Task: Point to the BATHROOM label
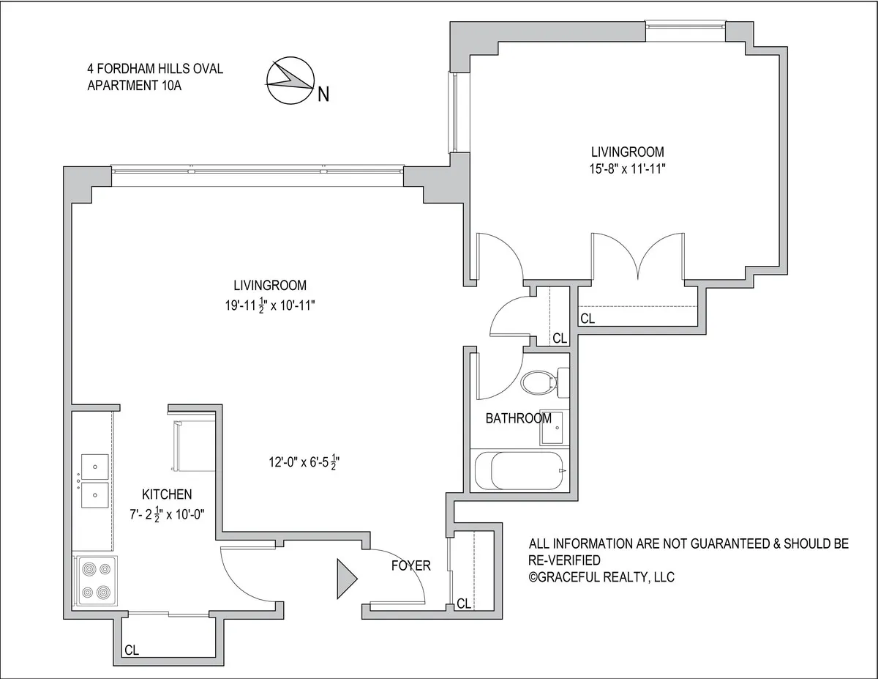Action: [x=519, y=419]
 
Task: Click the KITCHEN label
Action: [x=167, y=495]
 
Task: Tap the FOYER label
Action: [x=410, y=565]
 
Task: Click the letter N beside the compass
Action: [x=323, y=94]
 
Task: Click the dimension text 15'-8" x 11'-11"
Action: [x=627, y=168]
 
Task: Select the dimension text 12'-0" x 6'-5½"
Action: [x=304, y=463]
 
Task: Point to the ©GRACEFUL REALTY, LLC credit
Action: [x=601, y=577]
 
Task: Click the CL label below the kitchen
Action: [x=132, y=650]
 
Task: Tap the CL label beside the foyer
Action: [x=463, y=604]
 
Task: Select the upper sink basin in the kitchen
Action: [x=95, y=467]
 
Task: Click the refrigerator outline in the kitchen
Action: [x=192, y=445]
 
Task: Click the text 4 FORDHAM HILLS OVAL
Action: [x=155, y=70]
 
